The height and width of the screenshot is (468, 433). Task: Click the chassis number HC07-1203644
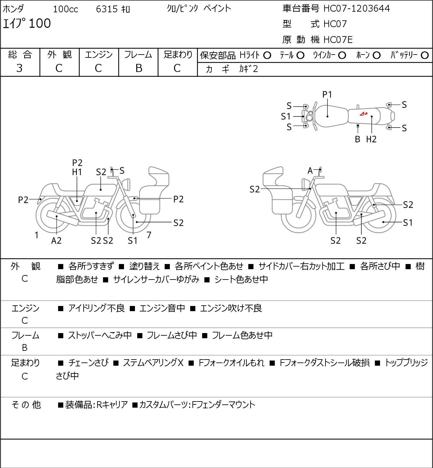click(356, 9)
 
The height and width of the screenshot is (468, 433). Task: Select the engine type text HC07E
click(338, 40)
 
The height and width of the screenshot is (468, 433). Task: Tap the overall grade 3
click(19, 68)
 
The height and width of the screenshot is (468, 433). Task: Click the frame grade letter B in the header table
click(139, 68)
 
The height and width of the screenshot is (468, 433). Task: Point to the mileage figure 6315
click(107, 9)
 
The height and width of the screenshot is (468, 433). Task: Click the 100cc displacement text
click(66, 9)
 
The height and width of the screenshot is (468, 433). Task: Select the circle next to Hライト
click(267, 56)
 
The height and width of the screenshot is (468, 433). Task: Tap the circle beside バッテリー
click(425, 56)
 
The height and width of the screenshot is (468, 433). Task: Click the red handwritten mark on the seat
click(364, 114)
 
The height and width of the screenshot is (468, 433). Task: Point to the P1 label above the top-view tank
click(327, 95)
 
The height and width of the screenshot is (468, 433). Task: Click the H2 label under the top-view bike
click(371, 139)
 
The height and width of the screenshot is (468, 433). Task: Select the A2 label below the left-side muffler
click(57, 240)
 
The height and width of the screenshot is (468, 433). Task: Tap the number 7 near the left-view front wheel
click(149, 235)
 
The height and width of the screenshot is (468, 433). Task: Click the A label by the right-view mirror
click(310, 171)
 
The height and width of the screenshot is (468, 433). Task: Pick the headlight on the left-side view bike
click(126, 184)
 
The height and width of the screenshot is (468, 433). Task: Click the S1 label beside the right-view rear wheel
click(408, 223)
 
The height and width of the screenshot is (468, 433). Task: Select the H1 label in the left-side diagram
click(77, 172)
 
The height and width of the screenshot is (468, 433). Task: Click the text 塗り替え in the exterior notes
click(145, 266)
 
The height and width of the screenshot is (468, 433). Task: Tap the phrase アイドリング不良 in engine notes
click(97, 308)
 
